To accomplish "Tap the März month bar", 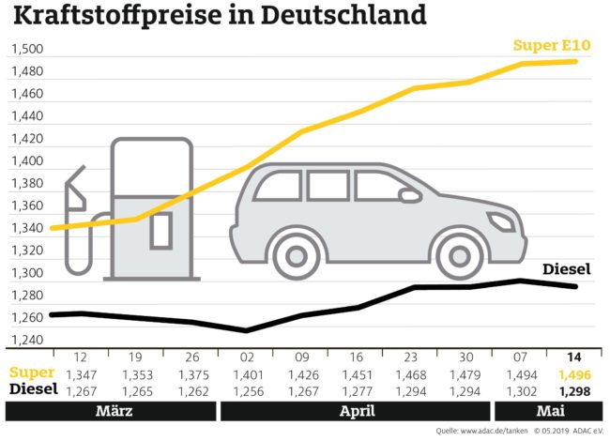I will coord(111,411).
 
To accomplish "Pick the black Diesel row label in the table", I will coord(30,389).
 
